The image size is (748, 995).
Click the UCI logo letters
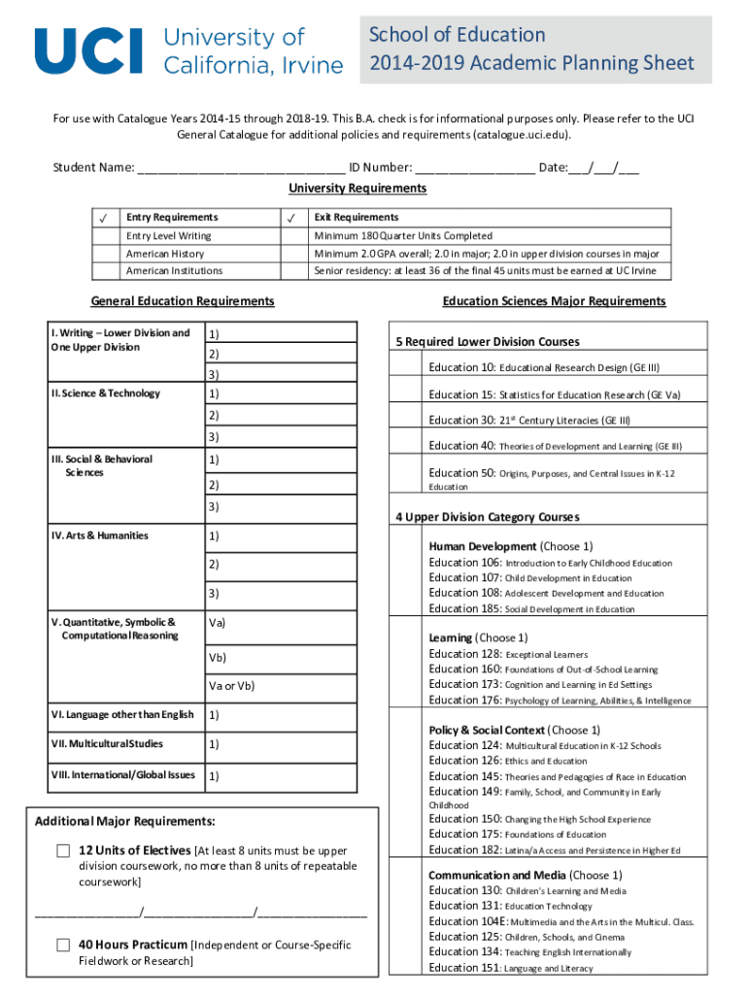click(88, 51)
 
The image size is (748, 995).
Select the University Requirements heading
click(357, 188)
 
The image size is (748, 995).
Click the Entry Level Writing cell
click(168, 236)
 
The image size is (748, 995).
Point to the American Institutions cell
click(174, 271)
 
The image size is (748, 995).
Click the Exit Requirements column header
click(356, 218)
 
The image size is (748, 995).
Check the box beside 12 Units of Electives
click(63, 851)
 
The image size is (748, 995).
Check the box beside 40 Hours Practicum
click(63, 944)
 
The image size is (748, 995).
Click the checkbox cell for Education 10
click(407, 366)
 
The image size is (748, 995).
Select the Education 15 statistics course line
click(554, 395)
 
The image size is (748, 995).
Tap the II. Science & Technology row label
click(106, 394)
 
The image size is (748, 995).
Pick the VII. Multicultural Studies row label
click(107, 744)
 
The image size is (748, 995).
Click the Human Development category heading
click(482, 546)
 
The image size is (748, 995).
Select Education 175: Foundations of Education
click(517, 834)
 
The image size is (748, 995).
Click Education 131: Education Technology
click(510, 906)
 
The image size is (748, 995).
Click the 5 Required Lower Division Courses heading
click(487, 342)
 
